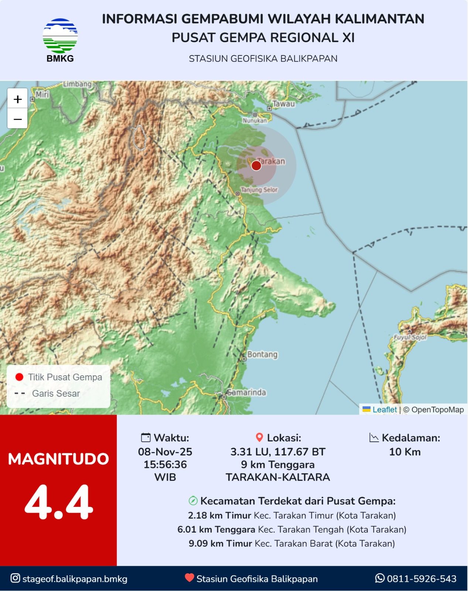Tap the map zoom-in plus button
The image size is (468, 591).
click(x=17, y=99)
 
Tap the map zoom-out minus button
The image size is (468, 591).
click(x=17, y=119)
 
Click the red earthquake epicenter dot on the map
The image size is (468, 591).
click(x=256, y=165)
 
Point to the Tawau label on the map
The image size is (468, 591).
click(x=283, y=104)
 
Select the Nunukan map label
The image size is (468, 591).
click(x=255, y=120)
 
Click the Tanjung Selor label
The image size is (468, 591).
click(x=259, y=190)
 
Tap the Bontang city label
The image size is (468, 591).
click(x=262, y=355)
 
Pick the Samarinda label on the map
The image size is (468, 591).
click(x=246, y=392)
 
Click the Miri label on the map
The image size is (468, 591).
click(x=42, y=95)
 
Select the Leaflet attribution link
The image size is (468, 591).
click(x=384, y=410)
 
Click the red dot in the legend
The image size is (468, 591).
click(x=19, y=377)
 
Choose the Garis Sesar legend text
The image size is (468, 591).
click(x=56, y=393)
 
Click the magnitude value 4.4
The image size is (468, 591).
click(x=58, y=502)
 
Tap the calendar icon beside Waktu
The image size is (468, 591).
click(x=146, y=438)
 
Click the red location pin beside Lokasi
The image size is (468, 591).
click(x=259, y=438)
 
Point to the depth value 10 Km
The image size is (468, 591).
click(x=404, y=452)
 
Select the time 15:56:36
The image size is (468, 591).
click(x=165, y=464)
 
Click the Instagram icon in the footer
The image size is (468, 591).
click(x=15, y=578)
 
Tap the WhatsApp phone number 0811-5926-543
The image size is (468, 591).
click(x=421, y=579)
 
